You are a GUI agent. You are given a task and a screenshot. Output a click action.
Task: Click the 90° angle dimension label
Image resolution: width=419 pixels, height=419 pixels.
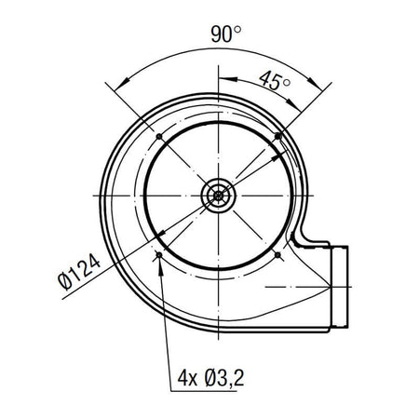(226, 34)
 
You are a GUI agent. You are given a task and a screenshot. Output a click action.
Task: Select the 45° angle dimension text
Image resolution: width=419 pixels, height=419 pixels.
(275, 81)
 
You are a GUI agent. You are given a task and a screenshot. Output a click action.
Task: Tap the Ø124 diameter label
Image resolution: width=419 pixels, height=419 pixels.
(79, 272)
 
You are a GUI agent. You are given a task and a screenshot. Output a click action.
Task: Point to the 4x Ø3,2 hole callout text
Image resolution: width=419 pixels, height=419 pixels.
(210, 378)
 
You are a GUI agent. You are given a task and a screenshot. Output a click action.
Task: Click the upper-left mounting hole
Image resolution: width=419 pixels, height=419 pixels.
(159, 136)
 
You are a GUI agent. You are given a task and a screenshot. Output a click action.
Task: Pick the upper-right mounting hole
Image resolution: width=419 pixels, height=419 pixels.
(278, 136)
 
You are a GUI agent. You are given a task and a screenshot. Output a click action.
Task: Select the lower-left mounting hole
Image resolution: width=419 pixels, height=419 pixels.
(159, 255)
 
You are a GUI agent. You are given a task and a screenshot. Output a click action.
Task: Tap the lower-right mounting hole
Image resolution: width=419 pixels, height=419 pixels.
(278, 255)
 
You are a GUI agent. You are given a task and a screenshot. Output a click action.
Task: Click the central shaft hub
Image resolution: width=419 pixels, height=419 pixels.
(219, 196)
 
